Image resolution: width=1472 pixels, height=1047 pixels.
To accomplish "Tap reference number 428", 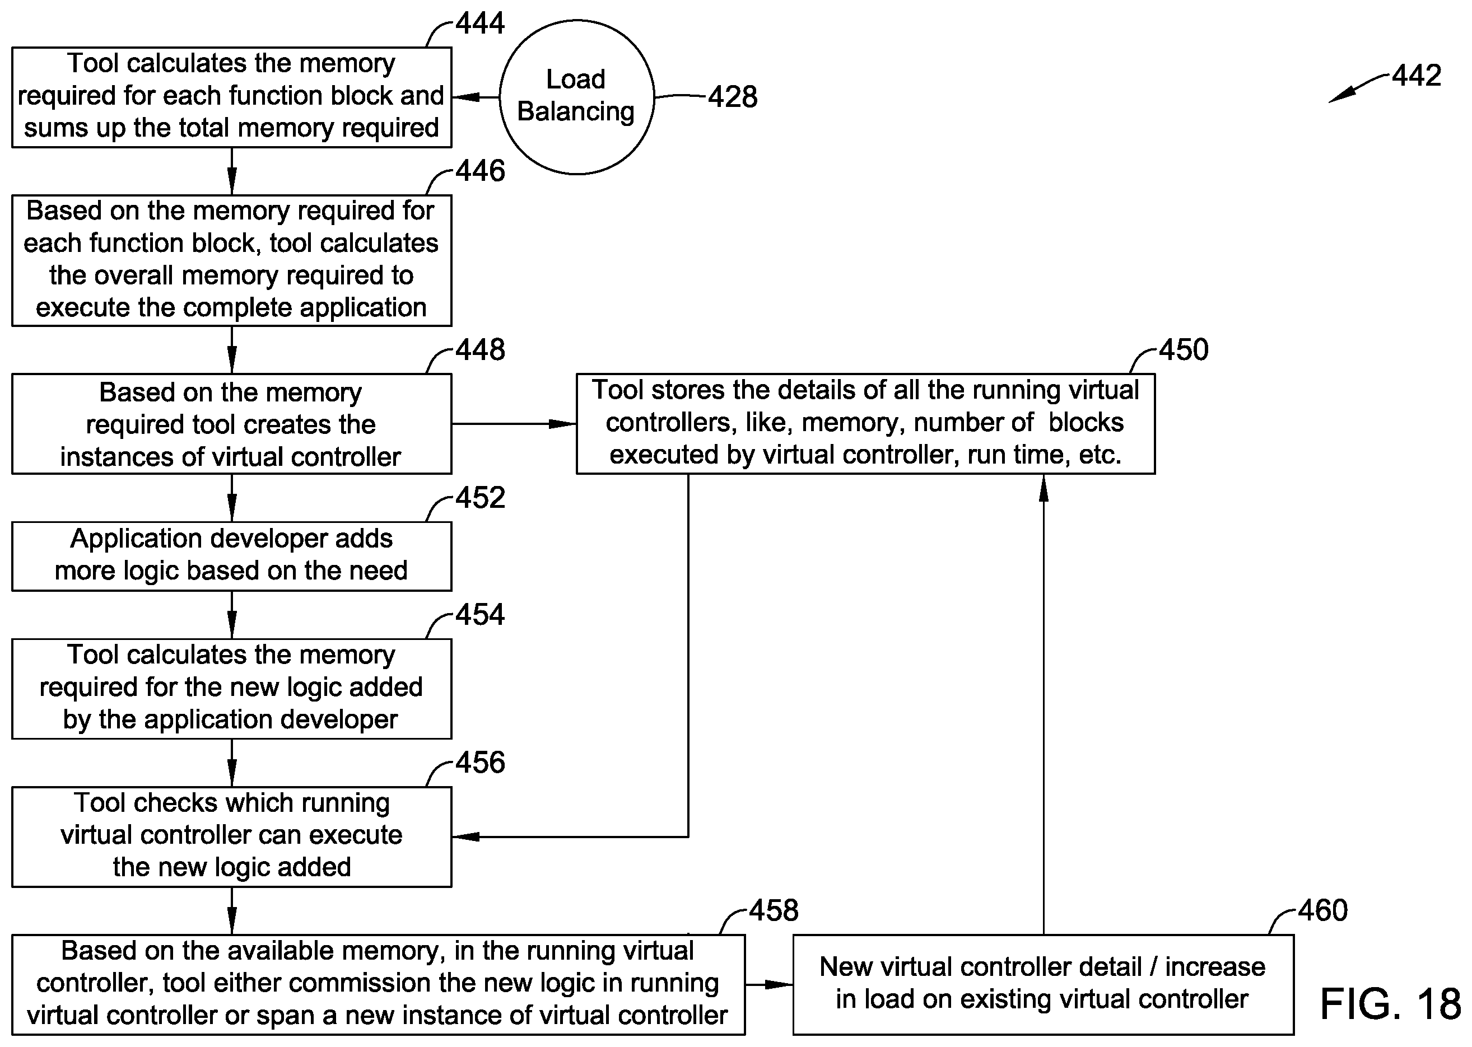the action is [733, 97].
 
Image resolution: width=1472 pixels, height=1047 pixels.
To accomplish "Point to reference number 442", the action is [1417, 76].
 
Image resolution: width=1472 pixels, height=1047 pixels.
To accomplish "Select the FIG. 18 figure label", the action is [1391, 1004].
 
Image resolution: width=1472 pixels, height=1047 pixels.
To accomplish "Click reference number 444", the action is [480, 23].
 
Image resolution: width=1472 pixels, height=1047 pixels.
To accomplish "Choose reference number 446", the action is [480, 171].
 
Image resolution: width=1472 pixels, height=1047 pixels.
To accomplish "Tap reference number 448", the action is [480, 350].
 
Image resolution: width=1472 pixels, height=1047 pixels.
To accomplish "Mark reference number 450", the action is [1184, 350].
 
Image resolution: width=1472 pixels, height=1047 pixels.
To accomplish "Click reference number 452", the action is [480, 498].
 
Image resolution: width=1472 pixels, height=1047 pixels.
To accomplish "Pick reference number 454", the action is [480, 614].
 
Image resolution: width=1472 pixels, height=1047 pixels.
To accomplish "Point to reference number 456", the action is [480, 763].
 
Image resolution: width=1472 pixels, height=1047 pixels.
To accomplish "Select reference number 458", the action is [774, 911].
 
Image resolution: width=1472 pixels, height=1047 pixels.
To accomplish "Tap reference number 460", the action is [1323, 911].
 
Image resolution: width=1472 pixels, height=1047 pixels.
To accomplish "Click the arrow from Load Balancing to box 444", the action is [476, 97].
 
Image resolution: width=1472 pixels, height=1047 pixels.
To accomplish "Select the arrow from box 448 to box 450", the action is [514, 424].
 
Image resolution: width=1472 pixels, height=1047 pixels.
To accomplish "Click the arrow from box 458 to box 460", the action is [769, 984].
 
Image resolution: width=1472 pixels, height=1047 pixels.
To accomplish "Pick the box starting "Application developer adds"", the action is [231, 557].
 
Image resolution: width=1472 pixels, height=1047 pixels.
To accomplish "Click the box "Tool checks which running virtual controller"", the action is [231, 837].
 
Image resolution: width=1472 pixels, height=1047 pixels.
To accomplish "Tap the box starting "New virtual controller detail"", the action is [1043, 984].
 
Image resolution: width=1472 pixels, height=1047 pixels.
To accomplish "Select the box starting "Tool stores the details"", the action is [865, 424].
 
